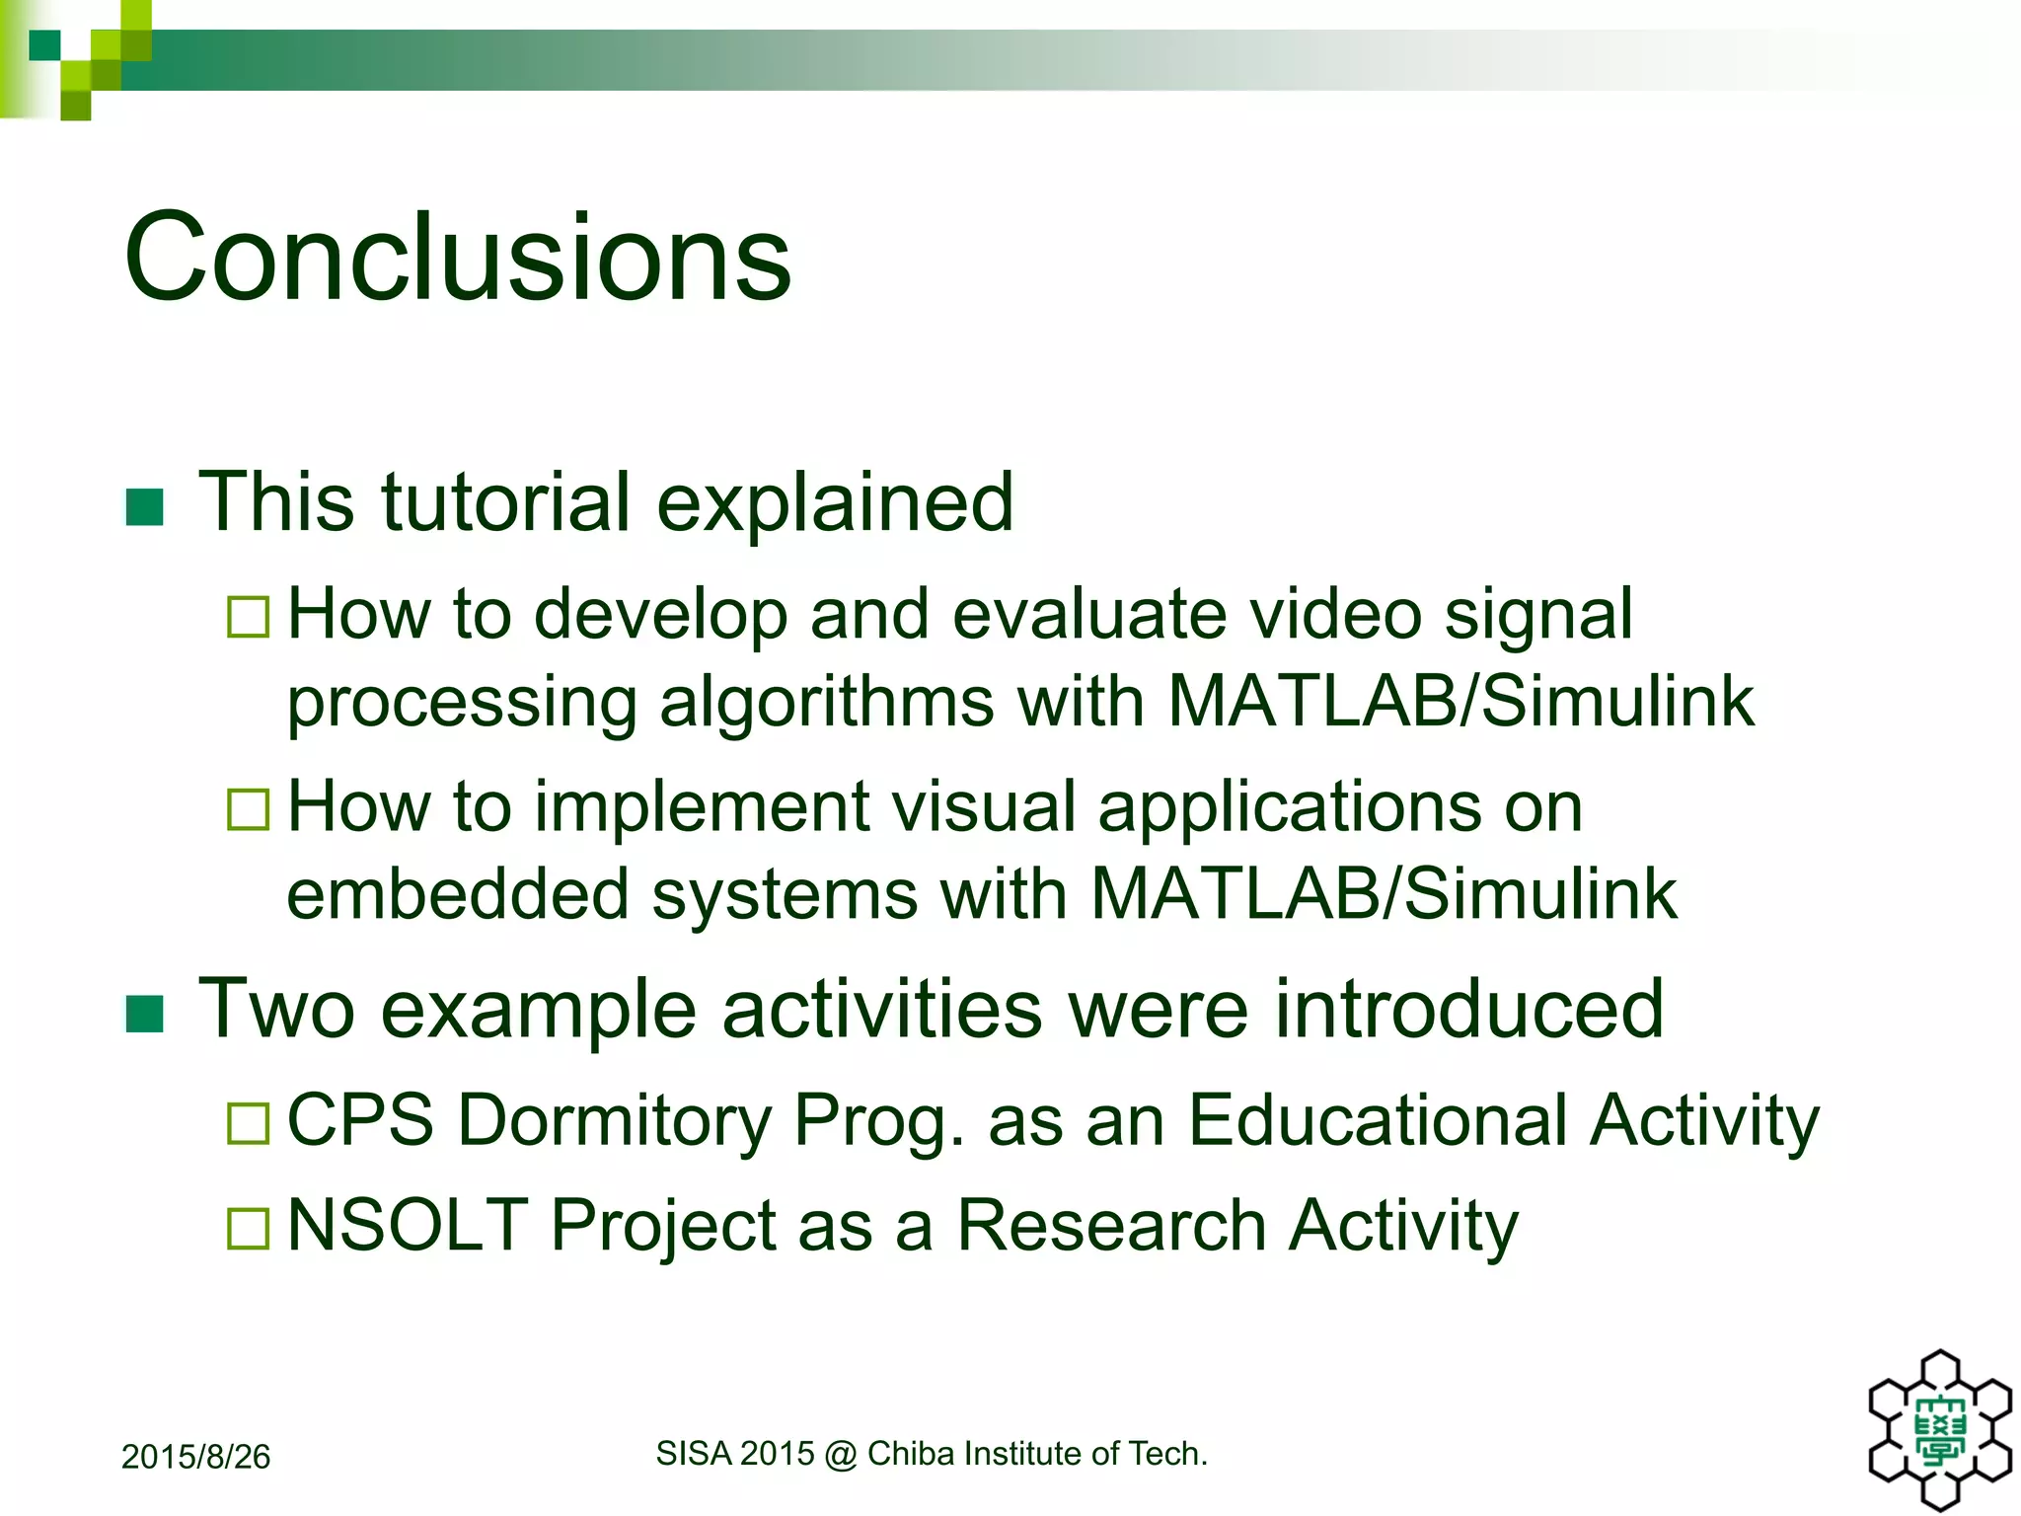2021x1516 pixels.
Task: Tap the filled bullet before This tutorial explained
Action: click(145, 507)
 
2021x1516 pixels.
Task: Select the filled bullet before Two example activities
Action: click(145, 1014)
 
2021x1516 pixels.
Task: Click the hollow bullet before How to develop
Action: click(248, 617)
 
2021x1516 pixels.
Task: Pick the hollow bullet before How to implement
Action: click(248, 809)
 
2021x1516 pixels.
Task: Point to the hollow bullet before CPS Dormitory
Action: click(248, 1123)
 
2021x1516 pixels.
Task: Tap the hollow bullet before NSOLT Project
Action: click(248, 1228)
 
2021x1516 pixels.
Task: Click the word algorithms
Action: click(827, 703)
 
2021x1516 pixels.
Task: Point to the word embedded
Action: click(457, 894)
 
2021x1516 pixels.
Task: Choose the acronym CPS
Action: click(360, 1120)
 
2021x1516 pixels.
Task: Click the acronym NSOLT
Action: click(407, 1225)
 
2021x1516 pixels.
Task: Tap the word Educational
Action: click(1378, 1120)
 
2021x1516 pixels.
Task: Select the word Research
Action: click(1111, 1225)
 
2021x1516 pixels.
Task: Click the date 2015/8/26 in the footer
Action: click(195, 1457)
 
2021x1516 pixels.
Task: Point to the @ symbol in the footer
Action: click(841, 1454)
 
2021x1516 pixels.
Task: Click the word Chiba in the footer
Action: click(911, 1454)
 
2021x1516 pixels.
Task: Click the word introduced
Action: click(1468, 1009)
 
